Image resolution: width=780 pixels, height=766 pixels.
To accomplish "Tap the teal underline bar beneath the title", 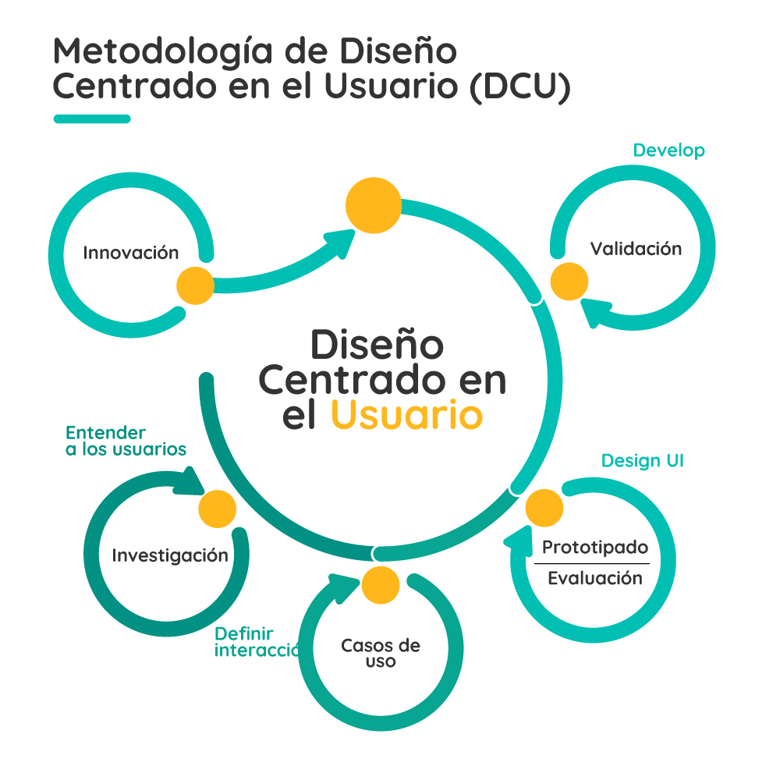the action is (x=92, y=119).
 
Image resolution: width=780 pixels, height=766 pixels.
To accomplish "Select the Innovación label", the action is (x=131, y=253).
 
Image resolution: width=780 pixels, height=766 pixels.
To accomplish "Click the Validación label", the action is (x=636, y=249).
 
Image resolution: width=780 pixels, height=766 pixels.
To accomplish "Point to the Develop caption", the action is (x=668, y=151).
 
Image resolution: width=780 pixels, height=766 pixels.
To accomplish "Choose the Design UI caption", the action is (x=642, y=461).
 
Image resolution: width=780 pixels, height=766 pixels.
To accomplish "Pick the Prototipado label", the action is (x=595, y=548).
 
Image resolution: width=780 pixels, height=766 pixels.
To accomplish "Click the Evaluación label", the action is (x=595, y=578).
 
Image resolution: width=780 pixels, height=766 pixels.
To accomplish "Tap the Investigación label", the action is (x=170, y=555).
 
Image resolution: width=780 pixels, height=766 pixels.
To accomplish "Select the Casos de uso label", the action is (x=381, y=654).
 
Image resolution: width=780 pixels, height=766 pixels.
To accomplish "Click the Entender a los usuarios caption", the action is (x=125, y=442).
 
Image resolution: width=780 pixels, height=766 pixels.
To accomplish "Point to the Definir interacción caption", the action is (x=256, y=642).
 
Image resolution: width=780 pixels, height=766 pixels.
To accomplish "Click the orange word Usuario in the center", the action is (x=406, y=415).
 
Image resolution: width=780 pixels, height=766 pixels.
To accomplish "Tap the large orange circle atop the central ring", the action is (x=374, y=206).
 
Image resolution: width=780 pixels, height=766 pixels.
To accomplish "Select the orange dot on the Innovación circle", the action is (x=195, y=285).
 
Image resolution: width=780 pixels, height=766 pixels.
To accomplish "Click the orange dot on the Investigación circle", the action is (x=217, y=509).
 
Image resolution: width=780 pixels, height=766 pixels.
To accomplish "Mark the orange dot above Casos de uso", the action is (x=381, y=584).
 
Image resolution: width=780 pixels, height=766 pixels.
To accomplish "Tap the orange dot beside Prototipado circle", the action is (x=544, y=509).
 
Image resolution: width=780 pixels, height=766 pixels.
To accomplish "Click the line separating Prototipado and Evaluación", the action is (x=591, y=563).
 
